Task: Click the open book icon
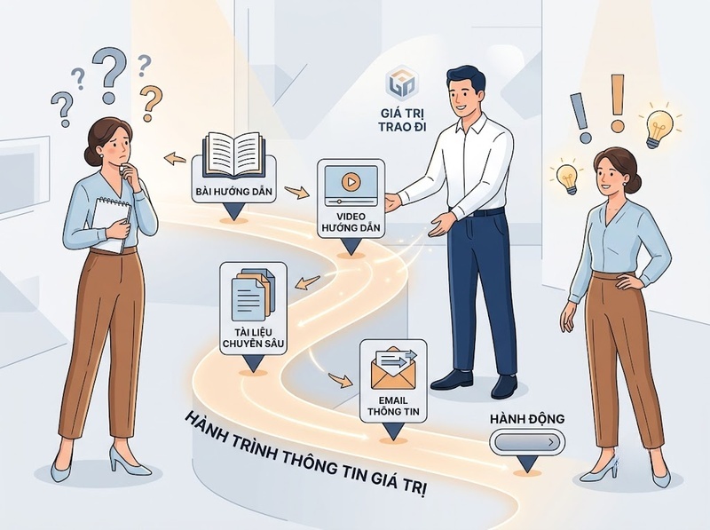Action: point(233,155)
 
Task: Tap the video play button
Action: point(350,182)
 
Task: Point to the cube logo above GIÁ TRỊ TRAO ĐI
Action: point(402,83)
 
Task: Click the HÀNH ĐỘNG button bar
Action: point(527,442)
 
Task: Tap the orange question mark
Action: point(151,103)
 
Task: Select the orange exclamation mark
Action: point(617,103)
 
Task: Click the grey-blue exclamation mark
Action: point(581,118)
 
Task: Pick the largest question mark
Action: point(109,75)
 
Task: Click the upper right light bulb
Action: point(659,127)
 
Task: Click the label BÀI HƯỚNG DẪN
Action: point(233,192)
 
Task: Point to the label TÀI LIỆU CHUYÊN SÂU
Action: point(253,337)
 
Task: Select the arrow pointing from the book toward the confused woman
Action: point(175,159)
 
